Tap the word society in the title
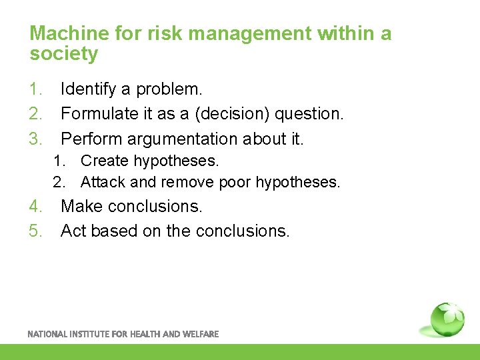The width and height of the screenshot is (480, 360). pyautogui.click(x=64, y=54)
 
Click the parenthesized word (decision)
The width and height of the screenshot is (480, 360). pyautogui.click(x=226, y=114)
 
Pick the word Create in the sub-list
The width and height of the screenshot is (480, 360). pyautogui.click(x=105, y=161)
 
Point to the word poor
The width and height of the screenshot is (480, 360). pyautogui.click(x=237, y=182)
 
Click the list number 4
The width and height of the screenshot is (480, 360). pyautogui.click(x=35, y=207)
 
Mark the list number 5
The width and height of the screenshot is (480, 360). pyautogui.click(x=35, y=231)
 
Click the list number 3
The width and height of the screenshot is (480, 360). pyautogui.click(x=35, y=139)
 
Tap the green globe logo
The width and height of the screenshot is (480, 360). pyautogui.click(x=447, y=319)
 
